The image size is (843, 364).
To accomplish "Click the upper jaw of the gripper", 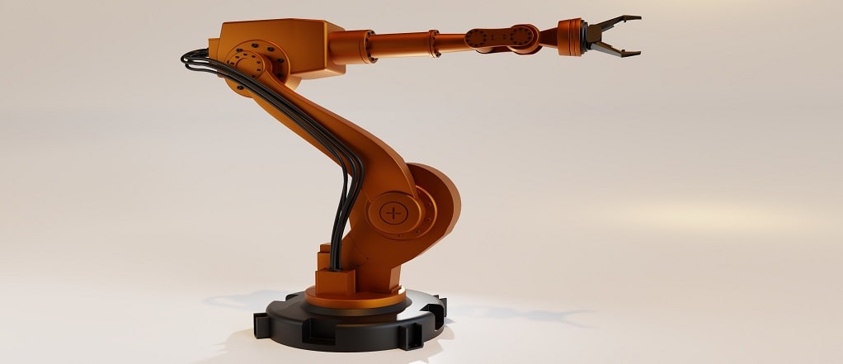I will [x=617, y=21].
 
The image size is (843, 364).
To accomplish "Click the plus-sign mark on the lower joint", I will [x=394, y=213].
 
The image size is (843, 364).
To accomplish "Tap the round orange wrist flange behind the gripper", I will [x=568, y=37].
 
